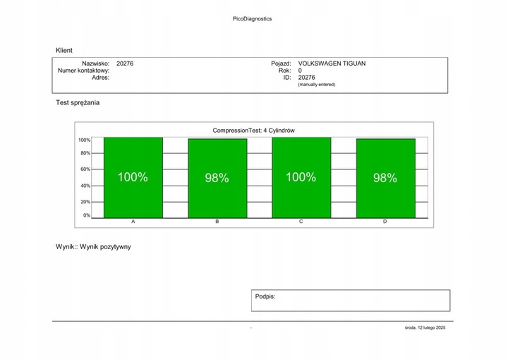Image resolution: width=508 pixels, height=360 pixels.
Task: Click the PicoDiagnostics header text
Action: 252,19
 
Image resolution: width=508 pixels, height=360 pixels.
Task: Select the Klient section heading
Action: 64,51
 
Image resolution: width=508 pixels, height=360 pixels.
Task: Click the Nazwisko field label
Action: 95,64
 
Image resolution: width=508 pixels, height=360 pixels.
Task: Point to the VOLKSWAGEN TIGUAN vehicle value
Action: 332,64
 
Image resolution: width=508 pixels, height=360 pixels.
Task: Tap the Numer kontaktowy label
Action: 83,71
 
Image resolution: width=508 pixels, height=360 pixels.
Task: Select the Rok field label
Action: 285,71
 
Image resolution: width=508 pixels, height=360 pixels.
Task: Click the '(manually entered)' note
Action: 317,85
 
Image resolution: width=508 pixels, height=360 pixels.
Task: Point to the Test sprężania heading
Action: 78,103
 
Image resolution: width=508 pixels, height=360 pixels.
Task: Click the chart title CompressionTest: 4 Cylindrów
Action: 253,131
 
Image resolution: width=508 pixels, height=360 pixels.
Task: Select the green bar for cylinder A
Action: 133,178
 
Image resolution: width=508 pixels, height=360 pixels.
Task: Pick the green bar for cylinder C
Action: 301,178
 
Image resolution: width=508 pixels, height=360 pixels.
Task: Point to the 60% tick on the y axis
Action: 85,169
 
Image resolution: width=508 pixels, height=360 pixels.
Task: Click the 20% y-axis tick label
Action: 85,202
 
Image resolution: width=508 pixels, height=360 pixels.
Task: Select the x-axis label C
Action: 301,222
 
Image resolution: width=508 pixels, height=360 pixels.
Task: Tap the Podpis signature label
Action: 265,297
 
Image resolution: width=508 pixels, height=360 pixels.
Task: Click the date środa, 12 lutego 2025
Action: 425,328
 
